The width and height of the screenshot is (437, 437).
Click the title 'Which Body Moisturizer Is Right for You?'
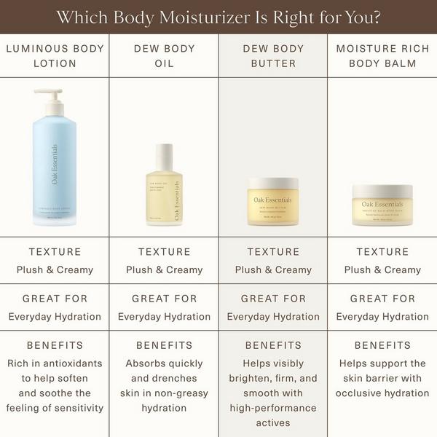219,17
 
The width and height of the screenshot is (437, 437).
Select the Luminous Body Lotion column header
55,56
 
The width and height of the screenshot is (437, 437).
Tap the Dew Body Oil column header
164,56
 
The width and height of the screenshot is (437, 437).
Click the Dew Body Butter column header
273,56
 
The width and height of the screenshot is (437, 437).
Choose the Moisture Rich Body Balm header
382,56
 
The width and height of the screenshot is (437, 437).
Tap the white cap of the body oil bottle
165,154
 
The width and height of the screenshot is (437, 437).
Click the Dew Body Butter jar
273,203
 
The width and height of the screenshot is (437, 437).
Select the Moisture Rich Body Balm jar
382,205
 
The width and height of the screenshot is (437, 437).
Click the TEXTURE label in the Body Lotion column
55,252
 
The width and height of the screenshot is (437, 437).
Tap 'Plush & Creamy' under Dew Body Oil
164,269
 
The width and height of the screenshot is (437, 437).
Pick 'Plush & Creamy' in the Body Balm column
382,269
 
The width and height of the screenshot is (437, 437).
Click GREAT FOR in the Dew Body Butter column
273,299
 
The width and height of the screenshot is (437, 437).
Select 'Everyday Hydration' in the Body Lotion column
55,317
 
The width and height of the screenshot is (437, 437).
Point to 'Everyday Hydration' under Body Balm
382,317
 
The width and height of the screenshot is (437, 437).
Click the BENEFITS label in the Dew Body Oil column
164,345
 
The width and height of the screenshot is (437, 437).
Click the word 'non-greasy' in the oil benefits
185,393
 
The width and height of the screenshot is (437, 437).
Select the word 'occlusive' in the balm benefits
360,393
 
